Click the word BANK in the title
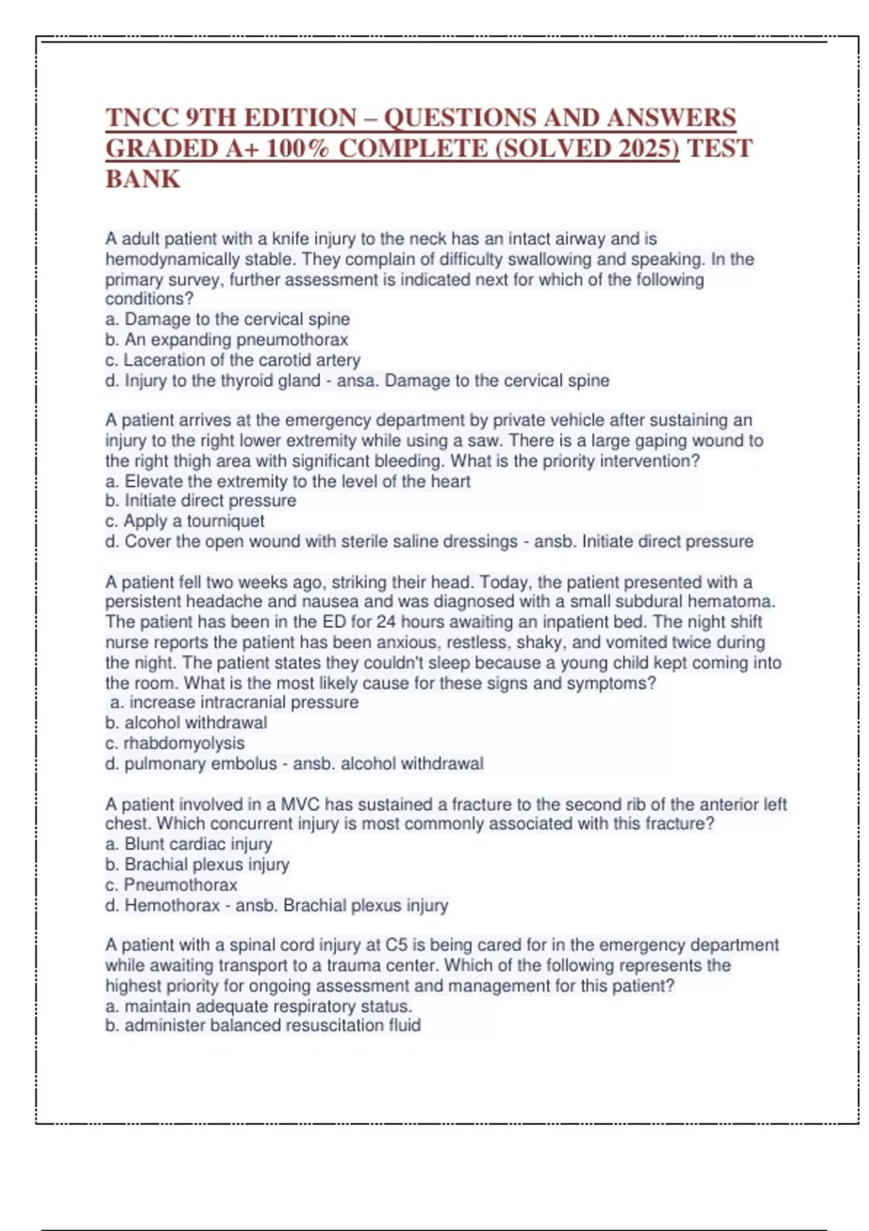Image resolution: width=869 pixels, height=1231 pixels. click(143, 179)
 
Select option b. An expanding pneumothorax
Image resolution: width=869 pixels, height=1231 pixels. click(227, 340)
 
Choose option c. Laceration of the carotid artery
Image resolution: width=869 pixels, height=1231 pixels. click(232, 360)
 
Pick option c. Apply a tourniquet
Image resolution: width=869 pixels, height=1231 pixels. click(185, 521)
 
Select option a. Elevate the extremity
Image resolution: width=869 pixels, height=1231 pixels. click(287, 482)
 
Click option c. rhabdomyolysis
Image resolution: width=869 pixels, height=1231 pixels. click(175, 743)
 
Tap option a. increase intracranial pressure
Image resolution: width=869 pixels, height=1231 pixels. click(234, 702)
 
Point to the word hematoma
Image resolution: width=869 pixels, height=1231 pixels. click(731, 602)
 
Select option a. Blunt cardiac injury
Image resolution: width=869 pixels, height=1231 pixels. click(188, 844)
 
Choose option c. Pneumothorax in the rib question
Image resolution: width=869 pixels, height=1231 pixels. click(171, 885)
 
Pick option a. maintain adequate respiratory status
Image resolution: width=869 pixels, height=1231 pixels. click(259, 1007)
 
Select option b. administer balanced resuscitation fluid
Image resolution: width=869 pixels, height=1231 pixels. click(263, 1025)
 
